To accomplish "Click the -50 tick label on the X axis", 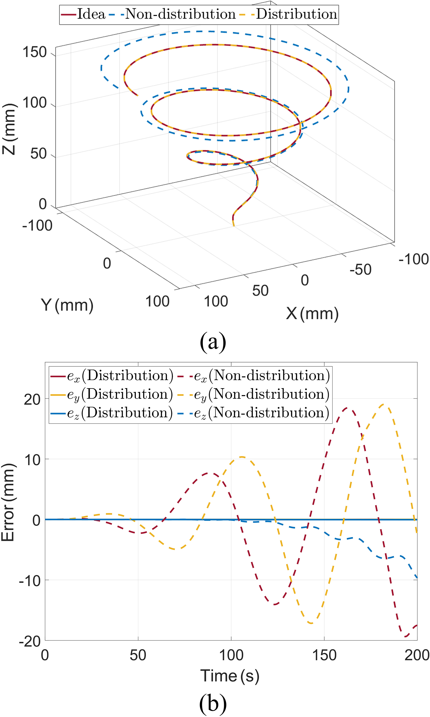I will tap(360, 269).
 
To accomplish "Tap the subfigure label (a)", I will tap(213, 342).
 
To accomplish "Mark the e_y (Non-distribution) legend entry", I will tap(254, 395).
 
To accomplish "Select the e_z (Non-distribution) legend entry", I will tap(254, 413).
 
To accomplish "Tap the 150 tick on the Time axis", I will tap(324, 656).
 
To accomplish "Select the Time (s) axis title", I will tap(230, 676).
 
